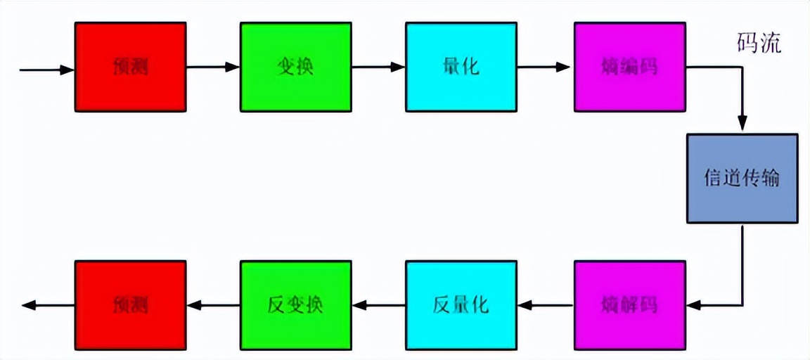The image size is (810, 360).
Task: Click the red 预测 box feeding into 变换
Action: (131, 67)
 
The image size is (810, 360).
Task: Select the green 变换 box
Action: (295, 67)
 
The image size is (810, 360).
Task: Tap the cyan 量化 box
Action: (461, 67)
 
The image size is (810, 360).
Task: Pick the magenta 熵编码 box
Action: (629, 67)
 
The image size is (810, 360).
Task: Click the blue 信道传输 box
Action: (742, 179)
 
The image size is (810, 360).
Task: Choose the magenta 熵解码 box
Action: (629, 305)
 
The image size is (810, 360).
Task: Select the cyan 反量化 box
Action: (461, 305)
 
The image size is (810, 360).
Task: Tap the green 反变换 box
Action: (295, 305)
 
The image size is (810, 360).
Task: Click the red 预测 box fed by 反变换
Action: (131, 305)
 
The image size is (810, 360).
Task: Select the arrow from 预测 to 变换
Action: (213, 67)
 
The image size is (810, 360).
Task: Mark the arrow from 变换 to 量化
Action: (378, 67)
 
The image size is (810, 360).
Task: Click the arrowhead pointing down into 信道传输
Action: (742, 125)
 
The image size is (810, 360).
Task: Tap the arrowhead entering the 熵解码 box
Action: (694, 305)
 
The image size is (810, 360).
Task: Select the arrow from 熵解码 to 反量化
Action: (545, 305)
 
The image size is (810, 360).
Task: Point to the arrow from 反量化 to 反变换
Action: (378, 305)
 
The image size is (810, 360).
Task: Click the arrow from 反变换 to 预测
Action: (213, 305)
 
